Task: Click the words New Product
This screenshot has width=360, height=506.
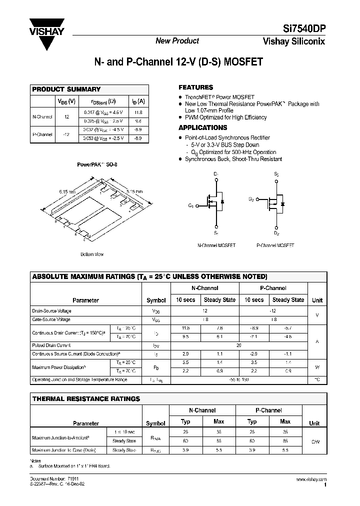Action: pos(177,41)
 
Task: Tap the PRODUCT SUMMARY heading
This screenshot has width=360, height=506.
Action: pos(66,89)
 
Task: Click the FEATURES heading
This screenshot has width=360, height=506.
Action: pos(196,87)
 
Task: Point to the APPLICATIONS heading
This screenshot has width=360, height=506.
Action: pos(203,127)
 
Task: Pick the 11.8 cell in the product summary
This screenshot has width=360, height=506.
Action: pos(138,112)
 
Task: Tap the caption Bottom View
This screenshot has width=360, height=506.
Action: pos(91,254)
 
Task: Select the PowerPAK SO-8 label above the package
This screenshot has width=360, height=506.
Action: pos(97,164)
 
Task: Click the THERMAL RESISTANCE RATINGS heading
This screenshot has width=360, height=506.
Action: pos(86,398)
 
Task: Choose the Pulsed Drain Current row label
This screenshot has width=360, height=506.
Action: pos(51,345)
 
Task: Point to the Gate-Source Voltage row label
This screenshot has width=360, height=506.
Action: pos(51,319)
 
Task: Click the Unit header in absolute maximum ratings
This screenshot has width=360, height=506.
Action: pos(317,300)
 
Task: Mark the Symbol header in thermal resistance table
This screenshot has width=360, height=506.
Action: pos(155,423)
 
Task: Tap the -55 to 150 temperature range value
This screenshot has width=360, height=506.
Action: pos(238,379)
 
